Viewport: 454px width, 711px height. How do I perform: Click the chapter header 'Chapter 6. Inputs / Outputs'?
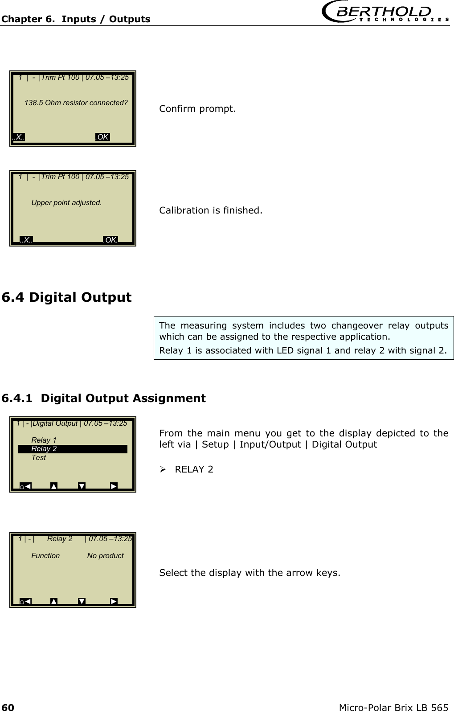tap(76, 19)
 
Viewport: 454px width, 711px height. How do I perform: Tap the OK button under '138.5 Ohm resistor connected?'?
tap(102, 137)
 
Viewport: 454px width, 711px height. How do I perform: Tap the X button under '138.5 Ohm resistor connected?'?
tap(19, 137)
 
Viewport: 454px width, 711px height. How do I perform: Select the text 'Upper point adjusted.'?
tap(66, 203)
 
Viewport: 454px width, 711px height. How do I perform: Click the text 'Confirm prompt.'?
tap(197, 109)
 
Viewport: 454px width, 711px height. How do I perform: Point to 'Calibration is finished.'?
tap(211, 210)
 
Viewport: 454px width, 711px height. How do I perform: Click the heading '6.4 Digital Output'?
tap(67, 297)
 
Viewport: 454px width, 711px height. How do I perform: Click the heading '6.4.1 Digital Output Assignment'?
tap(104, 398)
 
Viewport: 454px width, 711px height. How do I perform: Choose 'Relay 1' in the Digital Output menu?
tap(44, 440)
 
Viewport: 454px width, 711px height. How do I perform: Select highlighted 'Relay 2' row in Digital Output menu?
tap(73, 449)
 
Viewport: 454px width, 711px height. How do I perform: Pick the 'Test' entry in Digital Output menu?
tap(38, 458)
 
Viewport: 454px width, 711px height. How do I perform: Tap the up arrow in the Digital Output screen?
tap(54, 486)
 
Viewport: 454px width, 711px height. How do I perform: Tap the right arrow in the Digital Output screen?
tap(114, 486)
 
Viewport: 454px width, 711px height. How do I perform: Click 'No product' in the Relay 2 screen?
tap(105, 556)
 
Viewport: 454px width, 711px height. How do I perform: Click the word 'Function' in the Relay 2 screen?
tap(45, 556)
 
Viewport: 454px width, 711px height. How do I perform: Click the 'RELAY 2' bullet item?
tap(194, 469)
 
